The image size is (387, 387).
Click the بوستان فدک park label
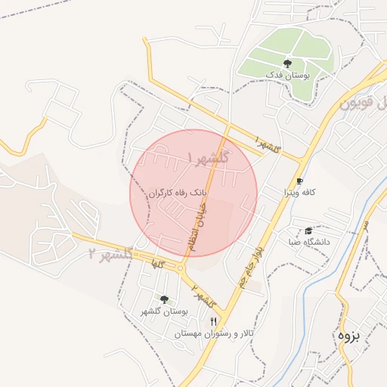[286, 76]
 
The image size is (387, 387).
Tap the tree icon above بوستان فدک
[286, 63]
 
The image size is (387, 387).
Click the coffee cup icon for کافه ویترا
[299, 181]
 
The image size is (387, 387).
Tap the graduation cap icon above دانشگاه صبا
[308, 231]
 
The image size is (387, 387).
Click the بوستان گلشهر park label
[164, 311]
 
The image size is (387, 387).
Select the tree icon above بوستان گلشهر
[164, 299]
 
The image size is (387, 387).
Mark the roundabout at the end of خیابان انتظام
[181, 268]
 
